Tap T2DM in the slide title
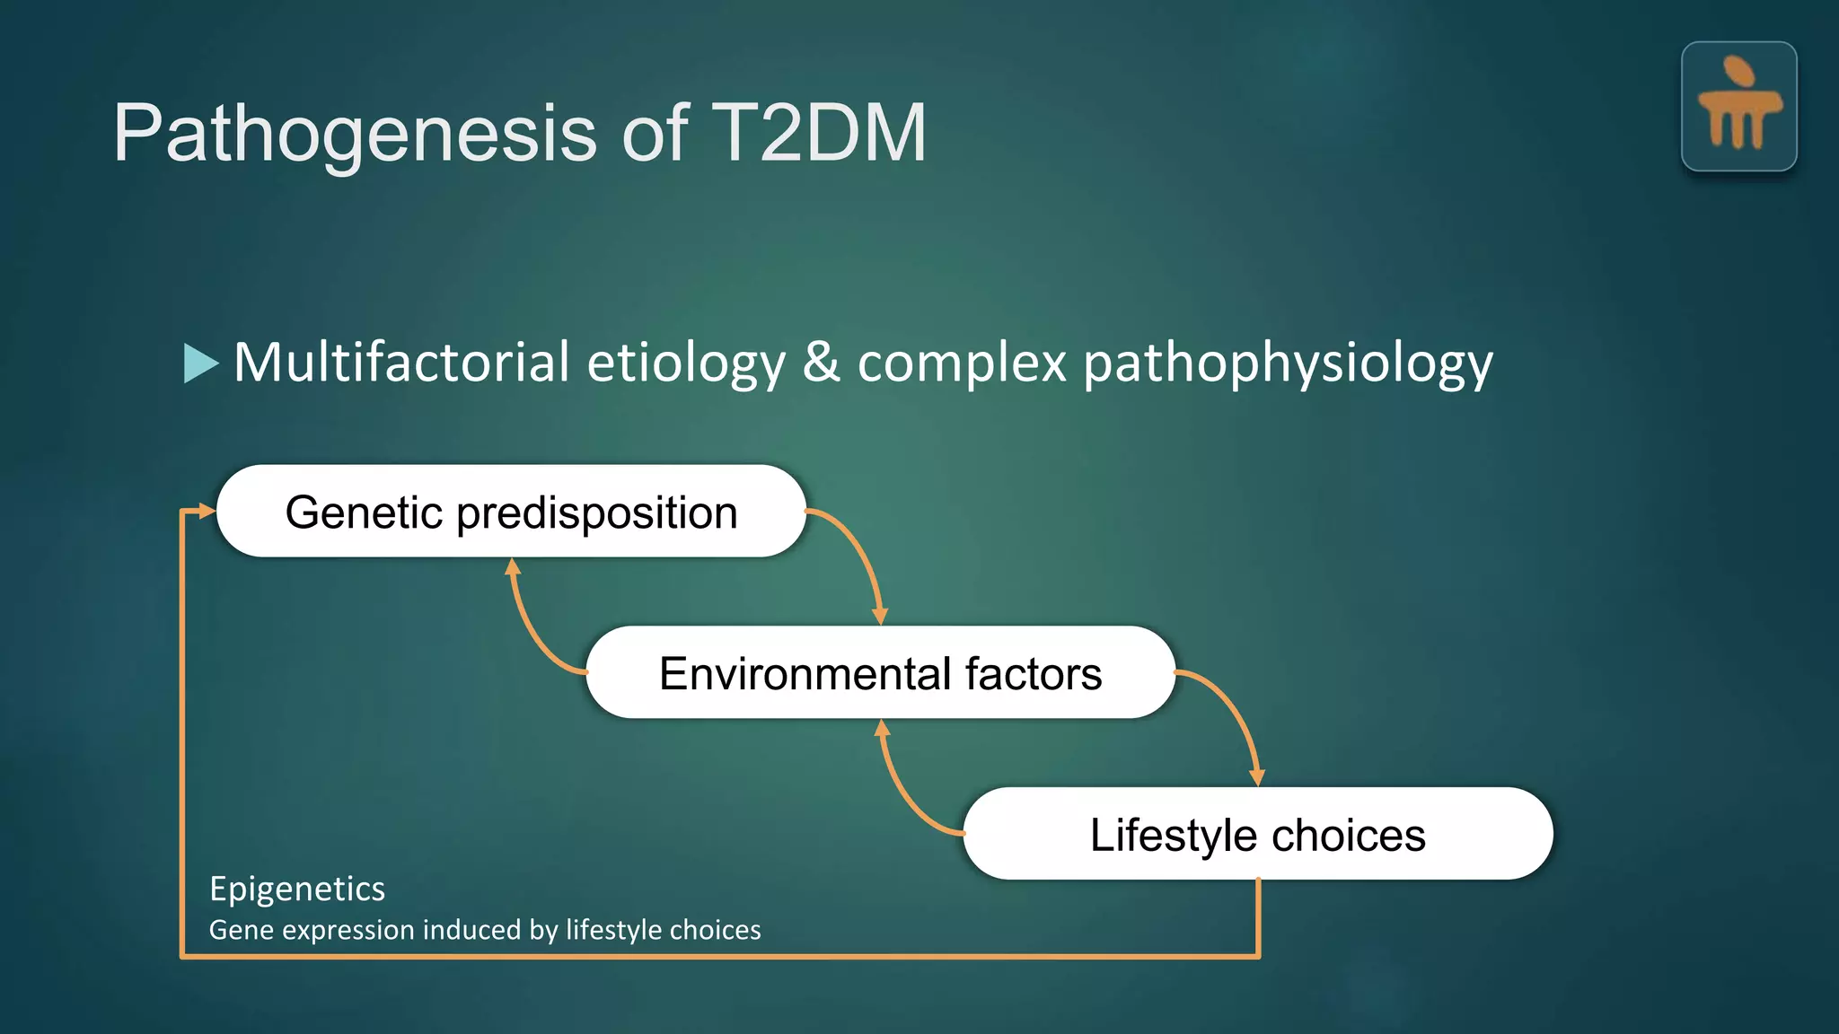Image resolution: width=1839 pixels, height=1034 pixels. (x=818, y=133)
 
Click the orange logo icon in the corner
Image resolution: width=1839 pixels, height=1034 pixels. (x=1738, y=106)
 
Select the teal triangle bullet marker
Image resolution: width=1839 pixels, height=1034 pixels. (x=200, y=363)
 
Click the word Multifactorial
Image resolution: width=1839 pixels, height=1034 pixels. (x=401, y=362)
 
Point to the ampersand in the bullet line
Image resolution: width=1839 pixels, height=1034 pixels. (x=821, y=362)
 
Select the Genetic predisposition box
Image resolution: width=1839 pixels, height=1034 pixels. (x=511, y=512)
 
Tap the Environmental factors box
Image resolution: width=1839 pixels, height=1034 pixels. (x=880, y=672)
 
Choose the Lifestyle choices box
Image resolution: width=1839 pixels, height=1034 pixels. (x=1257, y=834)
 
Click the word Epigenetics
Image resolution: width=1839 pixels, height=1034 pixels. (x=297, y=889)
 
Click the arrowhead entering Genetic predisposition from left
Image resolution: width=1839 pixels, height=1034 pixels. (x=207, y=511)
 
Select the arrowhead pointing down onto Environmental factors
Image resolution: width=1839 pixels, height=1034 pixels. (x=880, y=616)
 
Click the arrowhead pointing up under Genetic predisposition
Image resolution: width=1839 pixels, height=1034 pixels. (x=513, y=566)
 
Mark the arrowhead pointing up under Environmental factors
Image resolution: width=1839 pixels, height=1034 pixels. (x=883, y=728)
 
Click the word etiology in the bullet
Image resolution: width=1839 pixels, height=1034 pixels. (x=686, y=364)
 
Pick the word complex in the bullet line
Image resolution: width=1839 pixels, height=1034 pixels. (x=962, y=364)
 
